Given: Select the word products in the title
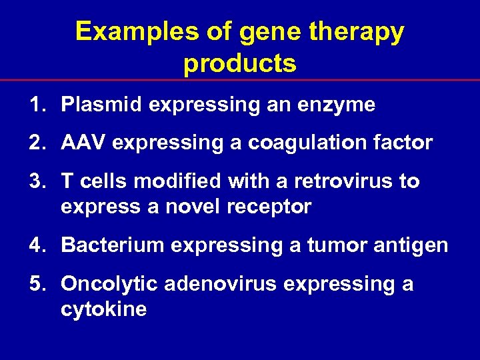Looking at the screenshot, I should (x=240, y=63).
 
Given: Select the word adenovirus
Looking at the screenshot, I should (x=221, y=284).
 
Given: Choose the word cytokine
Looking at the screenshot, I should (x=103, y=310).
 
